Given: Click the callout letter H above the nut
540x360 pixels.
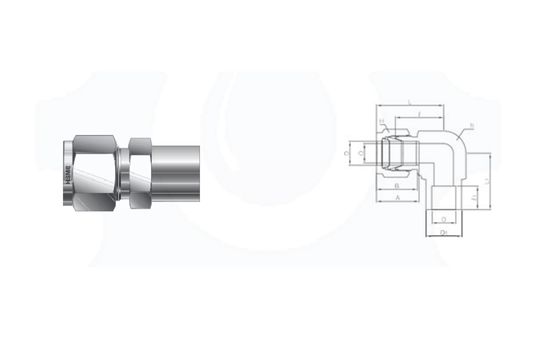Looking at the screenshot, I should tap(381, 122).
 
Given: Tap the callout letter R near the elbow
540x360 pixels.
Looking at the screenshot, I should tap(471, 125).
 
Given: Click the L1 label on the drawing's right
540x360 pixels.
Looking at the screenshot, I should tap(487, 179).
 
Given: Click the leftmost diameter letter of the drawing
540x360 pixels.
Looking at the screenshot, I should tap(347, 155).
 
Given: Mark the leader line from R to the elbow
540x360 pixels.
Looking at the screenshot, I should tap(462, 130).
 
